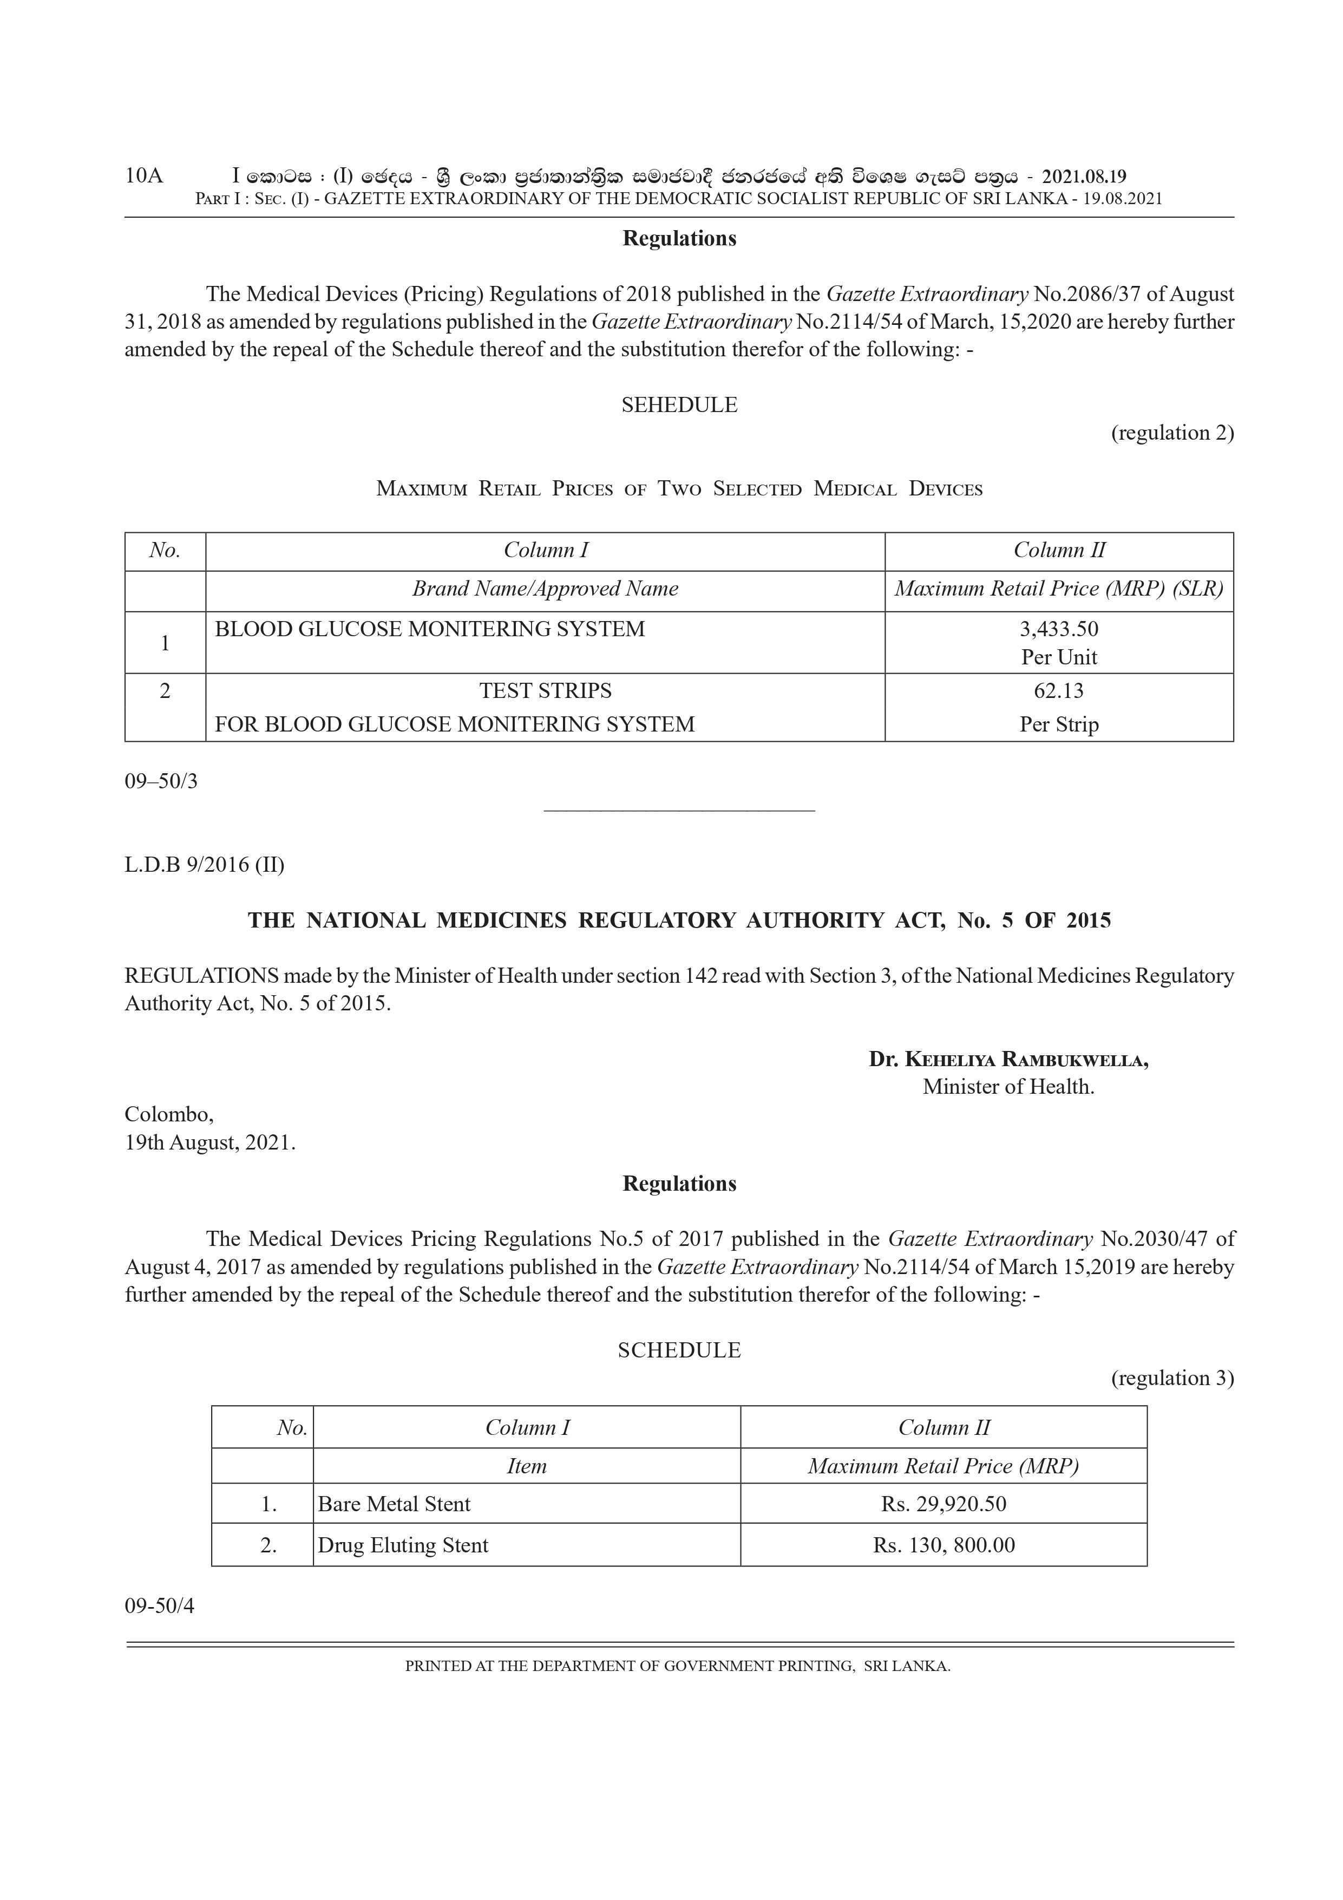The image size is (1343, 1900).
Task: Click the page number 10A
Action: click(144, 177)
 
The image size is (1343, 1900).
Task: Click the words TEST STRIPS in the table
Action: click(545, 691)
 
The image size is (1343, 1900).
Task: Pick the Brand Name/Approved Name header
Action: click(545, 589)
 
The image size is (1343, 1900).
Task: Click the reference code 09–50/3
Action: click(161, 781)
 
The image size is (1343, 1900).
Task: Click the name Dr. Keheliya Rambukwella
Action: click(1008, 1059)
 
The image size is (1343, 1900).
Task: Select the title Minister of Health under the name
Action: click(1008, 1087)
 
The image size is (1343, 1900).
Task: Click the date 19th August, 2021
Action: click(210, 1143)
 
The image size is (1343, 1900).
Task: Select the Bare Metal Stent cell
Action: click(394, 1504)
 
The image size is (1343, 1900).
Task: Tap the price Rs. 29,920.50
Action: click(944, 1504)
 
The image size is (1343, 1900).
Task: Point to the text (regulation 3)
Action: click(1172, 1378)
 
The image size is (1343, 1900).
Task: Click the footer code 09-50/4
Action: click(160, 1606)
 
